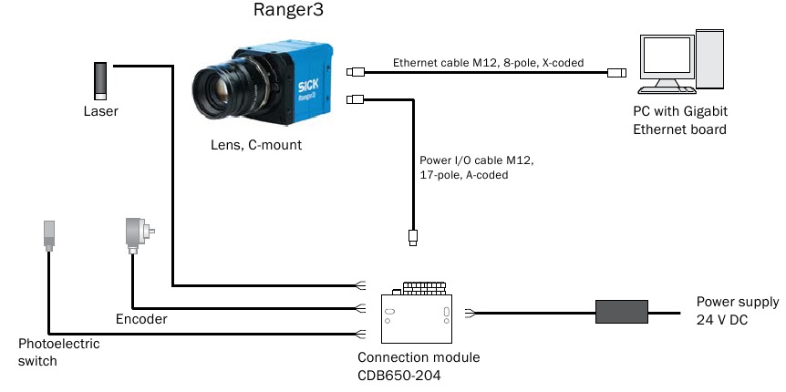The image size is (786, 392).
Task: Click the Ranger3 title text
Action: click(288, 13)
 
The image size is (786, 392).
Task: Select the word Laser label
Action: click(100, 112)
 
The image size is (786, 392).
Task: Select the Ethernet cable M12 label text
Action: click(488, 64)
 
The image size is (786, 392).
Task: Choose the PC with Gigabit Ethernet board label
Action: click(680, 119)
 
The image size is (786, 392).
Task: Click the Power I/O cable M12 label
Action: click(475, 168)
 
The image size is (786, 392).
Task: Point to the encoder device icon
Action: click(138, 236)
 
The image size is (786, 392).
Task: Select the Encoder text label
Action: click(141, 320)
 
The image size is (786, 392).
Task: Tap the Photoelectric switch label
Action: click(58, 352)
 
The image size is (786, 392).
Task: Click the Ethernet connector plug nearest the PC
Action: click(616, 72)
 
